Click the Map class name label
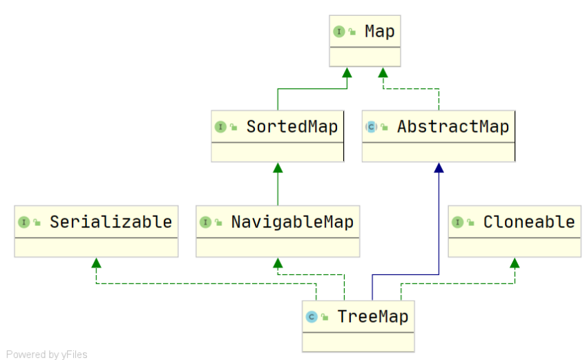pyautogui.click(x=380, y=31)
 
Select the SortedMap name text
pyautogui.click(x=292, y=126)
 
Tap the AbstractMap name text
pyautogui.click(x=452, y=126)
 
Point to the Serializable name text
pyautogui.click(x=111, y=222)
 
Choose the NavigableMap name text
pyautogui.click(x=292, y=222)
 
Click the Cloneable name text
pyautogui.click(x=528, y=222)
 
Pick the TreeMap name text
pyautogui.click(x=373, y=316)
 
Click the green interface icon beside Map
pyautogui.click(x=339, y=31)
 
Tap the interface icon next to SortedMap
pyautogui.click(x=220, y=126)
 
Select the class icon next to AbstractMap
pyautogui.click(x=371, y=126)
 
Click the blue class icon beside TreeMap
pyautogui.click(x=311, y=316)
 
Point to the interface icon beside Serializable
pyautogui.click(x=23, y=222)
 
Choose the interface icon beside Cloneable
pyautogui.click(x=457, y=222)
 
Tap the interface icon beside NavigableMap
pyautogui.click(x=205, y=222)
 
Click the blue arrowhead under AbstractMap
pyautogui.click(x=438, y=168)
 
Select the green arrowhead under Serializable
pyautogui.click(x=96, y=263)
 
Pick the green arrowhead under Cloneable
pyautogui.click(x=514, y=263)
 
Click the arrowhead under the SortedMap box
pyautogui.click(x=278, y=168)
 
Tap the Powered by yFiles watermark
pyautogui.click(x=47, y=354)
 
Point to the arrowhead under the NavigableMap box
pyautogui.click(x=278, y=263)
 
